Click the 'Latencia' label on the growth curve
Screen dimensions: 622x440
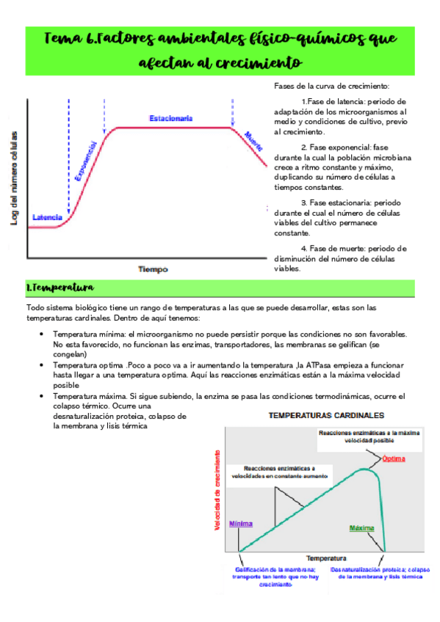(x=48, y=218)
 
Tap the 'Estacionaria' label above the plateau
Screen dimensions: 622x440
(x=170, y=118)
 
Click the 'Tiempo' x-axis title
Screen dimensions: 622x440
(x=154, y=269)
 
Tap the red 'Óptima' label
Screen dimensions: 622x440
(x=394, y=459)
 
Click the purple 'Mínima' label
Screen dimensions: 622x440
(x=241, y=524)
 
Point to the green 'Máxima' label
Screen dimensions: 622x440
(x=361, y=528)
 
